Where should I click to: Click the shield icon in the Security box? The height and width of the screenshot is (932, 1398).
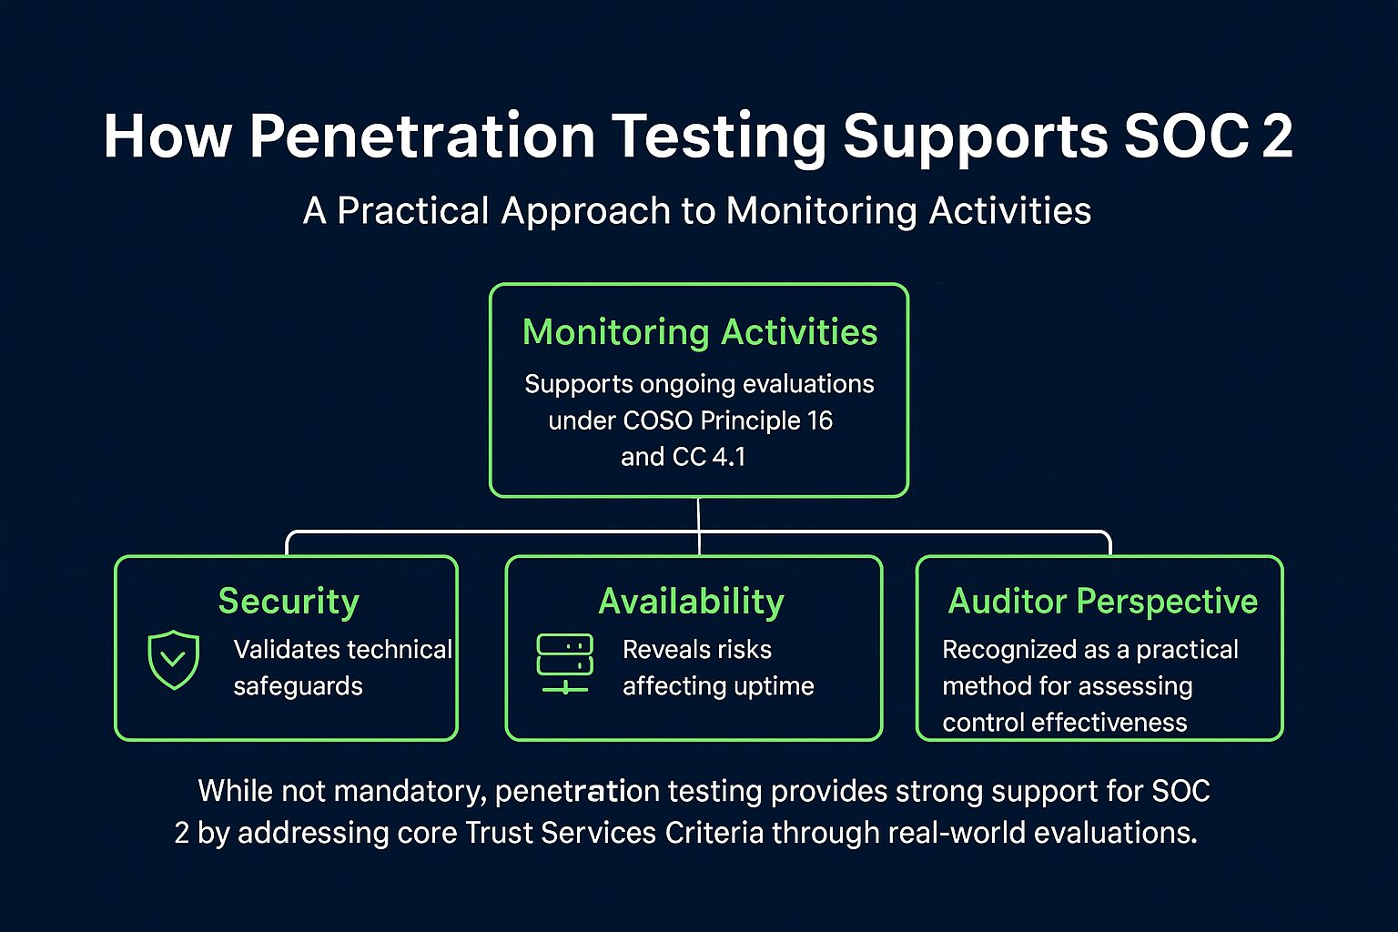pos(174,660)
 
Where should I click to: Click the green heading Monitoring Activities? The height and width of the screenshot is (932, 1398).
pos(700,332)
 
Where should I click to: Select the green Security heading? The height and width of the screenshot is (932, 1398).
pos(289,601)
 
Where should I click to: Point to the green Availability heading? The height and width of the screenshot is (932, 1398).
pos(691,601)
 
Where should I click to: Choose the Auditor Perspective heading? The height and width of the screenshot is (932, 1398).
pos(1103,601)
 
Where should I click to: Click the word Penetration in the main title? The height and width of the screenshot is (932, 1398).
pos(422,137)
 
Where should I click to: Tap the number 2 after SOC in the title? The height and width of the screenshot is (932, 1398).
pos(1277,137)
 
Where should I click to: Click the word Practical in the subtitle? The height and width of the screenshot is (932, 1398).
pos(413,210)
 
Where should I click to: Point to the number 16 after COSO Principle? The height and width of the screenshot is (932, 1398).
pos(819,420)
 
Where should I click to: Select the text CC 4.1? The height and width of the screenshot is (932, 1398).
pos(709,457)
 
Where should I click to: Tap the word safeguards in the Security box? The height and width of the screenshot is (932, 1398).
pos(298,686)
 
